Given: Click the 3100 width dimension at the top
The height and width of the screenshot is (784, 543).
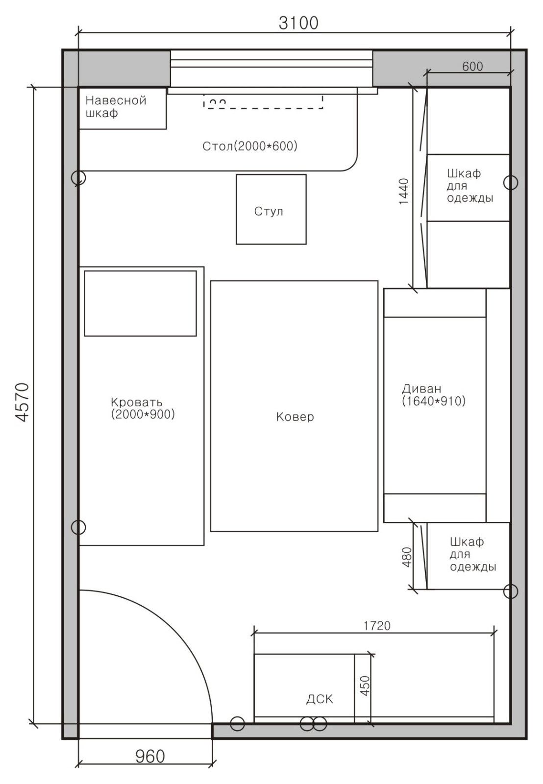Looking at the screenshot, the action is pyautogui.click(x=298, y=23).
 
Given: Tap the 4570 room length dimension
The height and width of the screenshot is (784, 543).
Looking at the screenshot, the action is pyautogui.click(x=22, y=402).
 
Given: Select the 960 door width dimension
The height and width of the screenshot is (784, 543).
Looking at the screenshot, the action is pyautogui.click(x=150, y=757).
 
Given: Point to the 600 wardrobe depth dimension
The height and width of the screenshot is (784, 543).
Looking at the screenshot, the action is pyautogui.click(x=472, y=66).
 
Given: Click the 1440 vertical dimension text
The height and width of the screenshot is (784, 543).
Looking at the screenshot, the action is pyautogui.click(x=404, y=192).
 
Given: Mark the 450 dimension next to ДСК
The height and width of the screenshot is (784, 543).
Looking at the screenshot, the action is pyautogui.click(x=365, y=686).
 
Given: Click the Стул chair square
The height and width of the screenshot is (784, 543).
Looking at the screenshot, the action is pyautogui.click(x=271, y=209).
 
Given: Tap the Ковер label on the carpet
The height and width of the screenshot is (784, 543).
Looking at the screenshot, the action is pyautogui.click(x=295, y=417).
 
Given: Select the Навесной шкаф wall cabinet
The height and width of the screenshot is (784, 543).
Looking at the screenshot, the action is pyautogui.click(x=123, y=108).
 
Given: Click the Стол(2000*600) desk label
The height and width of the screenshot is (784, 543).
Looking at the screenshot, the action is pyautogui.click(x=249, y=146).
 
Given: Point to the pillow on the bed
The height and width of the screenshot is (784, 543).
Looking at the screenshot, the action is pyautogui.click(x=140, y=303).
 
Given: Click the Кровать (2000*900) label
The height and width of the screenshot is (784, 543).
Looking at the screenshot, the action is pyautogui.click(x=143, y=408).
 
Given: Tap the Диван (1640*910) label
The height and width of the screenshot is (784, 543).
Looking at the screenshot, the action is pyautogui.click(x=433, y=395).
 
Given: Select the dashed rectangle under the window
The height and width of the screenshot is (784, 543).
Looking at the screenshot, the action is pyautogui.click(x=263, y=101).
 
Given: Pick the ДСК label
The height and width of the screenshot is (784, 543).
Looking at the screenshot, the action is pyautogui.click(x=320, y=699).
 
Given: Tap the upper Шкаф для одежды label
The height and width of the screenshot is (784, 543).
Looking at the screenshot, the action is pyautogui.click(x=470, y=186).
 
